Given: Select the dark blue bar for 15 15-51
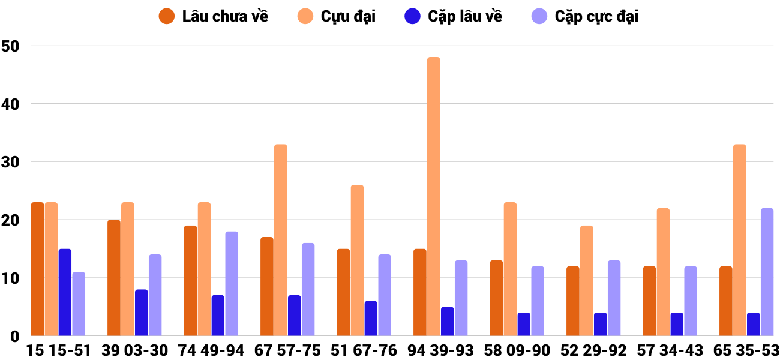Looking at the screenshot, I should (x=65, y=292).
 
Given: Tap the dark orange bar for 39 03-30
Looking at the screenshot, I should (x=114, y=278).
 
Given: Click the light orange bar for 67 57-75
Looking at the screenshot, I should (x=281, y=240).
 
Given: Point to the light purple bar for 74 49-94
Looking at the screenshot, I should (x=232, y=283).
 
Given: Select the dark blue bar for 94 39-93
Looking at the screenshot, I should (x=447, y=321).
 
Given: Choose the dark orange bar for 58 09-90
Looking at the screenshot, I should (x=496, y=298).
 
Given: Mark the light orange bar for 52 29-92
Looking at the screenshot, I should (x=586, y=280).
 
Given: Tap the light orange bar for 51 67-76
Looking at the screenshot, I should (x=357, y=260).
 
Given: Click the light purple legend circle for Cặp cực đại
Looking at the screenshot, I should (x=540, y=16).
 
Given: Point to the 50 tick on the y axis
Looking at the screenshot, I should (x=11, y=46).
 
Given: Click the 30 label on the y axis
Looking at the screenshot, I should (x=11, y=162).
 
